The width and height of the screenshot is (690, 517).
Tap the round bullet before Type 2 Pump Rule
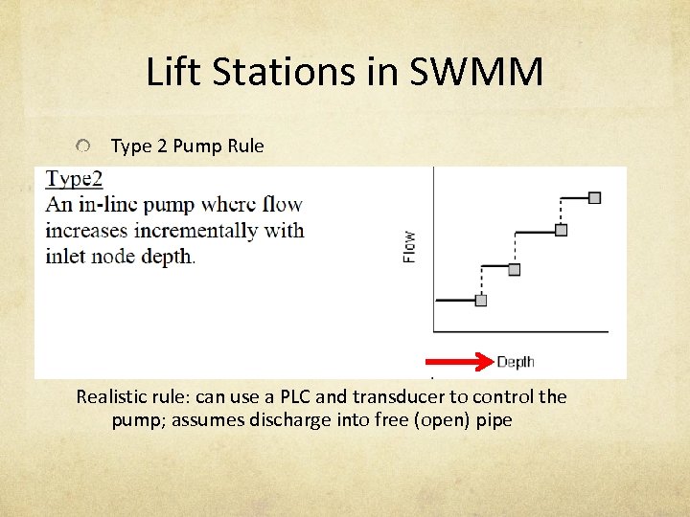[x=85, y=146]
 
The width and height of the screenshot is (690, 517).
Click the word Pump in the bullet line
[x=201, y=146]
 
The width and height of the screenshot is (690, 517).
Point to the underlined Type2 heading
[x=75, y=178]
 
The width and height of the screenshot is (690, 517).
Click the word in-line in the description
[x=108, y=204]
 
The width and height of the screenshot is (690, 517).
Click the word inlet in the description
[x=65, y=257]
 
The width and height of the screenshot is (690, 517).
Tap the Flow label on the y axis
[x=409, y=247]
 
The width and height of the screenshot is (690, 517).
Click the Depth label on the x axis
[x=516, y=361]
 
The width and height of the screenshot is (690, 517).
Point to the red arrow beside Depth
[x=458, y=361]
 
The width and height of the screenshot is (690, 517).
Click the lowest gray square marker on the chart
[x=481, y=301]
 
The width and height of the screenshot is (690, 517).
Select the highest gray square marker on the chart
[x=594, y=197]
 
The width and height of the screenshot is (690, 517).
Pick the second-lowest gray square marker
[x=514, y=270]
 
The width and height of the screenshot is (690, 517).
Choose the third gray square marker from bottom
[x=561, y=230]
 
